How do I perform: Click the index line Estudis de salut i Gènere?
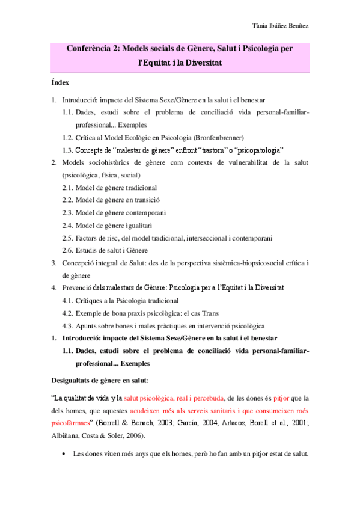click(x=117, y=250)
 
